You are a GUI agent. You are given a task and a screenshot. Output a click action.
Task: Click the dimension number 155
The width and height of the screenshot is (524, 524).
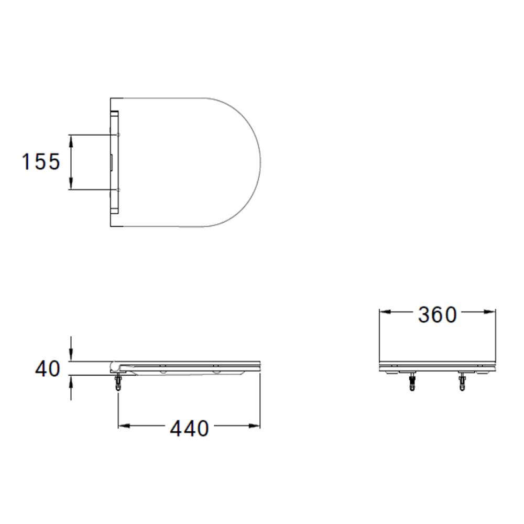(x=41, y=162)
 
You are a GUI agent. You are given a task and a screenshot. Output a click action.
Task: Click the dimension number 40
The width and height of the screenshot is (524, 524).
(x=48, y=369)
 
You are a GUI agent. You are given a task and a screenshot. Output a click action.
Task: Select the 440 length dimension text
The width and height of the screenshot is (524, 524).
(x=190, y=428)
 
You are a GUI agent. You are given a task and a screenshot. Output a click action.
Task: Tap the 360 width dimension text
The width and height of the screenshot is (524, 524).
(x=438, y=314)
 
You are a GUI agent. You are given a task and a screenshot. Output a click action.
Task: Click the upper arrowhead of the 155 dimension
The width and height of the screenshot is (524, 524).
(x=71, y=140)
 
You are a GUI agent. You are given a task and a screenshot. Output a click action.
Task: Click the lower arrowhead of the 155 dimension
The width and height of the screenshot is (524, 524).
(x=71, y=183)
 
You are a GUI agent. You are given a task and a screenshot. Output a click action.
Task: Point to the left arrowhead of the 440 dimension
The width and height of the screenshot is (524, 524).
(x=124, y=425)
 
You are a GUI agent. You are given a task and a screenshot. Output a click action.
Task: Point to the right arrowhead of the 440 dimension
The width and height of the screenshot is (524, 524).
(x=254, y=425)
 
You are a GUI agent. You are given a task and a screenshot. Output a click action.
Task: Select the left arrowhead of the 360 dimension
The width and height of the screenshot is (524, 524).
(x=385, y=312)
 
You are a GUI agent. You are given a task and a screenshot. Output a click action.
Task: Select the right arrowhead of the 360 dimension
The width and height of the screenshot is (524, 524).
(x=489, y=312)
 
